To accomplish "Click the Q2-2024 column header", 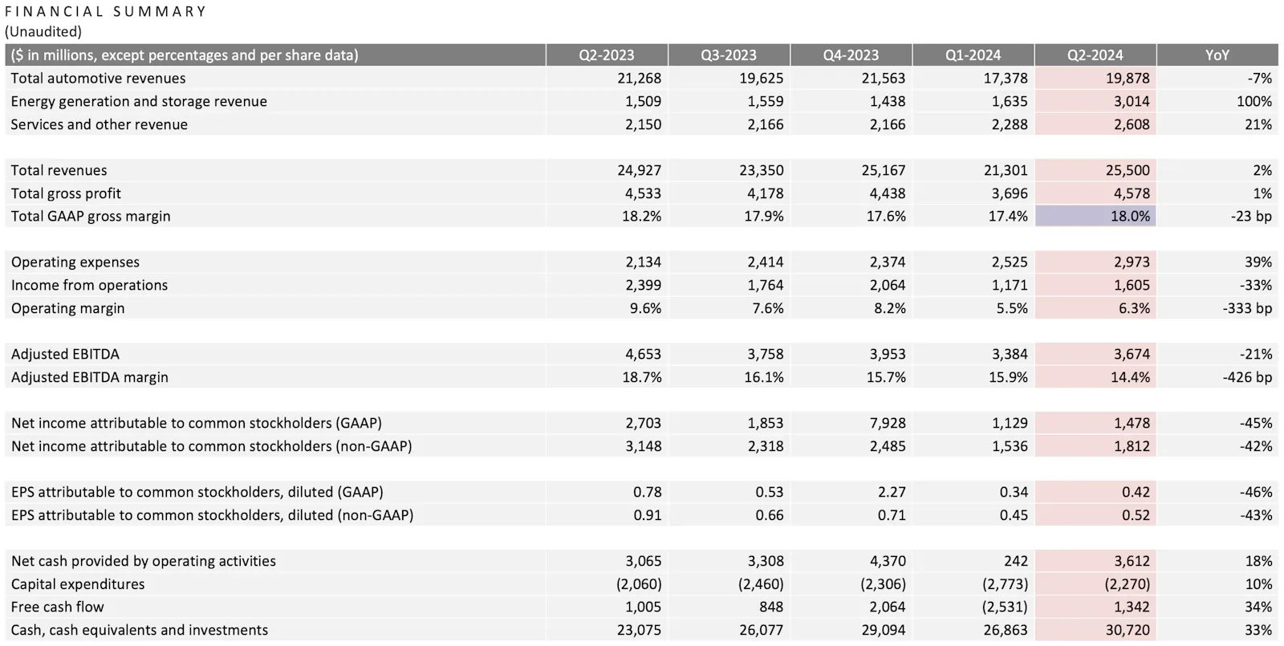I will click(x=1095, y=55).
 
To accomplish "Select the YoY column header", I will click(x=1217, y=55).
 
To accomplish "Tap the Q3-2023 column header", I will click(x=728, y=55).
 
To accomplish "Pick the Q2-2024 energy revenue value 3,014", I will click(x=1131, y=101).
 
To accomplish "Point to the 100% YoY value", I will click(x=1254, y=101).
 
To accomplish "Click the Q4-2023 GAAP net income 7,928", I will click(x=887, y=423).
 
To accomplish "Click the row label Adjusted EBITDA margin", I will click(x=90, y=377).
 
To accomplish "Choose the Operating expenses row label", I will click(x=75, y=262).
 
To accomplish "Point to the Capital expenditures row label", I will click(x=78, y=584).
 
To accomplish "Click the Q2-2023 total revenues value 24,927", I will click(x=639, y=170).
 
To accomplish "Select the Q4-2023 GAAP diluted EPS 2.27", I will click(x=891, y=492).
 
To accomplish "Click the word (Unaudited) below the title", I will click(x=43, y=32).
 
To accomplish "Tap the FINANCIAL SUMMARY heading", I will click(x=106, y=11).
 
